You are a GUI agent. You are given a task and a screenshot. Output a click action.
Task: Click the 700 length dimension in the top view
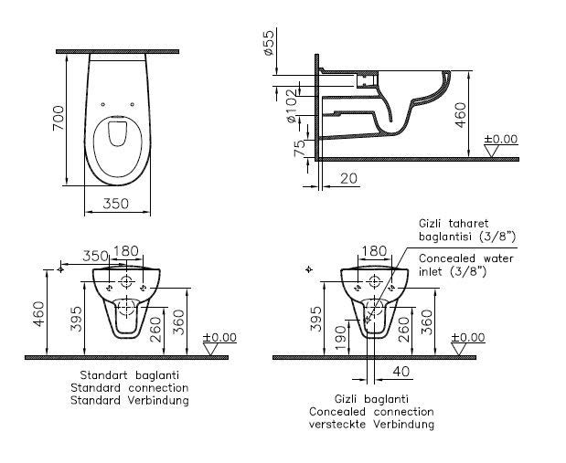(59, 118)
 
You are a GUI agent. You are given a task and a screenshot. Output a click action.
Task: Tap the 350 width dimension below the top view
(115, 204)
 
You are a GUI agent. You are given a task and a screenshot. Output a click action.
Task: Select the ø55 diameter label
(270, 43)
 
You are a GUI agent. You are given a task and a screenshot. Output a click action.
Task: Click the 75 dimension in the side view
(299, 148)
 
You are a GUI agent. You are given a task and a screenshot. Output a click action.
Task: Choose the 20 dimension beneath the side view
(348, 178)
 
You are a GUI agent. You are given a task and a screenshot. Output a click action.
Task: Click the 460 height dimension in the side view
(460, 115)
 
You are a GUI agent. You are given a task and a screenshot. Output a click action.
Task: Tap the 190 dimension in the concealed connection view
(341, 338)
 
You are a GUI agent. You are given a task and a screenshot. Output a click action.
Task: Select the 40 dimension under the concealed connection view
(401, 371)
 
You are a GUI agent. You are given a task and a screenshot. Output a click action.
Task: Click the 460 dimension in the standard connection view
(38, 314)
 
